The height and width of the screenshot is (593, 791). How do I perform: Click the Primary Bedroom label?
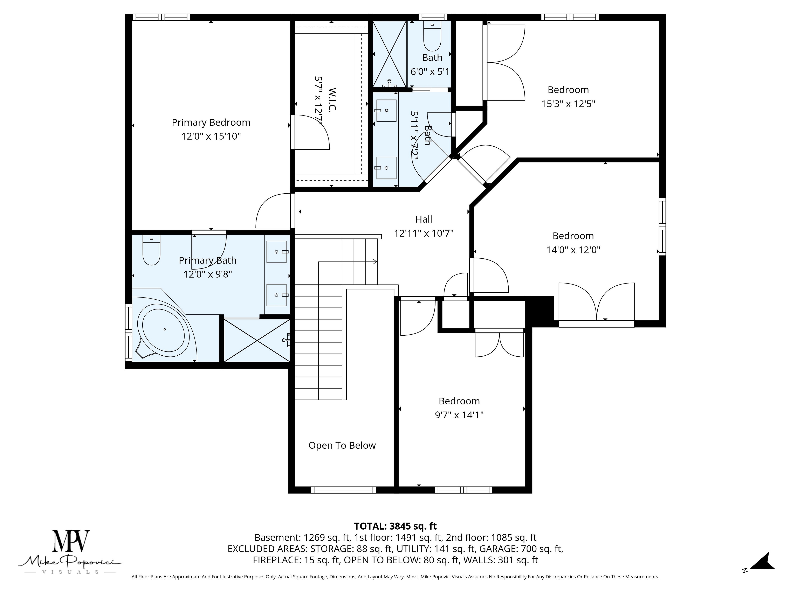coord(211,123)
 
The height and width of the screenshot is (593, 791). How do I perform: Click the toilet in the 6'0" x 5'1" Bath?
coord(432,36)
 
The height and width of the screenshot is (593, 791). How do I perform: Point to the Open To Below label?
coord(342,445)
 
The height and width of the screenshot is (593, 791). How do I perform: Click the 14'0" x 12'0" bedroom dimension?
coord(573,250)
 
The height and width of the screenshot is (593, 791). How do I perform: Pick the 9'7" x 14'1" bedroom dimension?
coord(459,415)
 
